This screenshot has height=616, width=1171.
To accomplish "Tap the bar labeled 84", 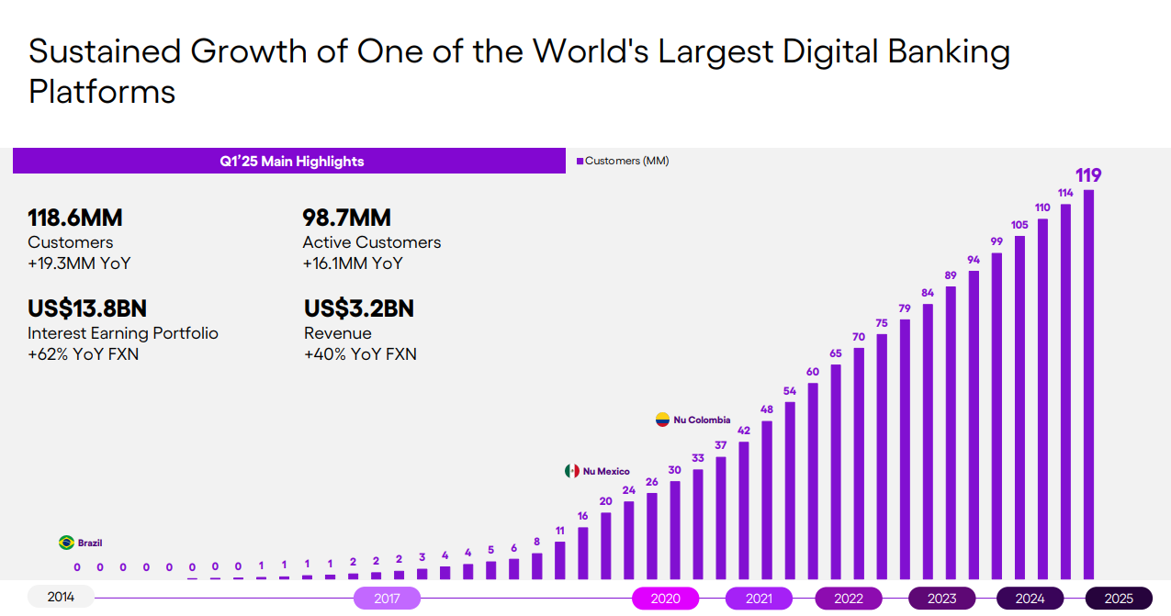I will [928, 441].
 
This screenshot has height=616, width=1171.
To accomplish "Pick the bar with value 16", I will [582, 553].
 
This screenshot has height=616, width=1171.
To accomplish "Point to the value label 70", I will [859, 337].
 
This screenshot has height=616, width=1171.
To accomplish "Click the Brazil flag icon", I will [66, 543].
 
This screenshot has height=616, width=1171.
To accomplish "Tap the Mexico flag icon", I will [571, 471].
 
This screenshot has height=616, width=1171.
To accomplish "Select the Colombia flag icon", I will [662, 420].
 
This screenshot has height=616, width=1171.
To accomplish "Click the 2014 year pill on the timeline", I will [61, 598].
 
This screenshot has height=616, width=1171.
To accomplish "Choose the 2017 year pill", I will [387, 599].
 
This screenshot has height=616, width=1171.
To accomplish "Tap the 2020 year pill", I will [665, 599].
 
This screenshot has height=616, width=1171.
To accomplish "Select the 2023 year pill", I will [941, 599].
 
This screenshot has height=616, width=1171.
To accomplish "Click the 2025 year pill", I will [1119, 599].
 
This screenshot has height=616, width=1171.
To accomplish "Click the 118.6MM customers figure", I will [75, 218].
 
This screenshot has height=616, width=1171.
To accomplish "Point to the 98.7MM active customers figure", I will [347, 218].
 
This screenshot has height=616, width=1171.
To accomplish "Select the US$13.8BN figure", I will [87, 308].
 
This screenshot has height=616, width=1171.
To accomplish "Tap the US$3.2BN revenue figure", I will [359, 308].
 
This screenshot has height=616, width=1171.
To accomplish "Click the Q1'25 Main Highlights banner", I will [290, 162].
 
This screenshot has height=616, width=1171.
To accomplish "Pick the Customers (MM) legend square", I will [580, 162].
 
